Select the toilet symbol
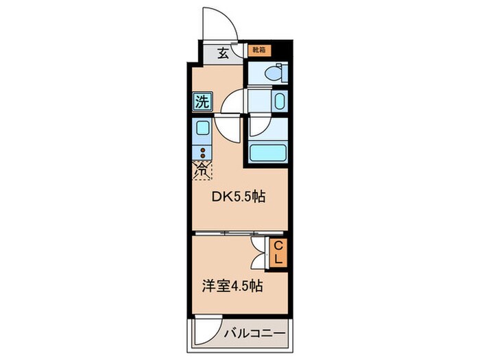272,72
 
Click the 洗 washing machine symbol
202,103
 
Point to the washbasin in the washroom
278,102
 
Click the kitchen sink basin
202,128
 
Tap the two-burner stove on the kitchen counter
202,152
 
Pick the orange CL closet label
279,252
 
